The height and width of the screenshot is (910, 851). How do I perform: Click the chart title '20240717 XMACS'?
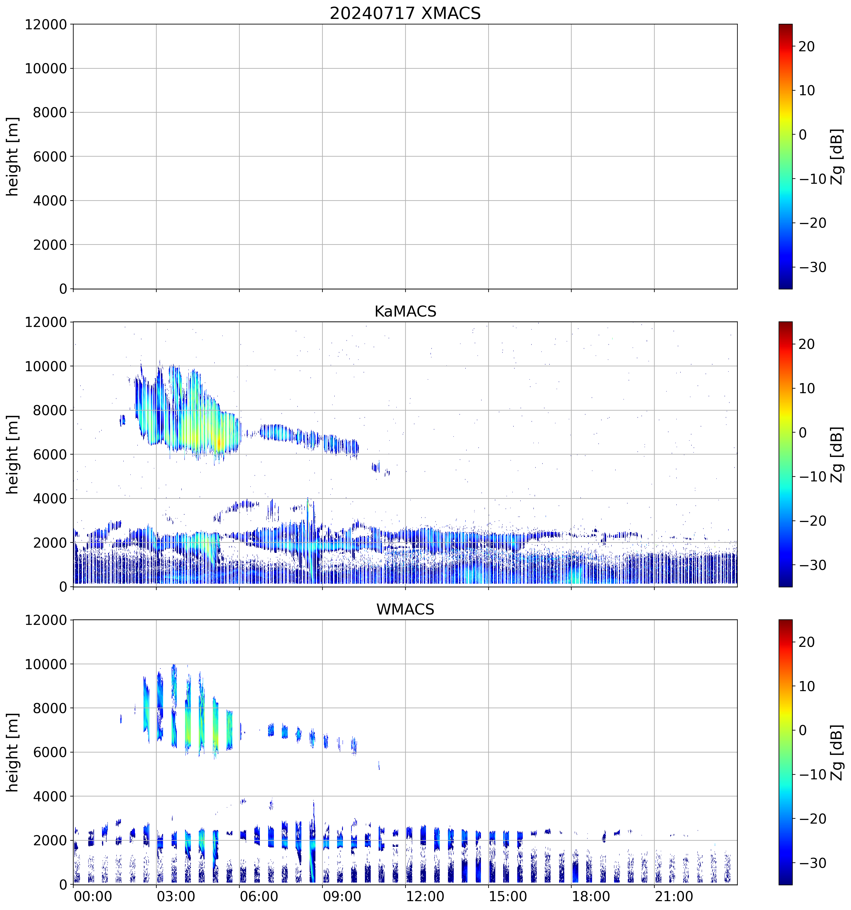pos(405,13)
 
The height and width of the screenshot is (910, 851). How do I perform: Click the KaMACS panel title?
pos(405,311)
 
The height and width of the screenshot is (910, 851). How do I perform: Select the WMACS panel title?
pos(405,609)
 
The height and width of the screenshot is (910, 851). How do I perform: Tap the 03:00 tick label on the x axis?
pos(176,896)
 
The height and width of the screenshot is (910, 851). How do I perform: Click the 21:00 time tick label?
pos(674,896)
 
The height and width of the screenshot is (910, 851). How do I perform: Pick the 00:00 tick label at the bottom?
pos(93,896)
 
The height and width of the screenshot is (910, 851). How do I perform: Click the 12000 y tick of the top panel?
pos(46,25)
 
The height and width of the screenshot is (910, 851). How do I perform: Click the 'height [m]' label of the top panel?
pos(13,157)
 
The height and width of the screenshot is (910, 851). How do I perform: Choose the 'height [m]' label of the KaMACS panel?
pos(13,455)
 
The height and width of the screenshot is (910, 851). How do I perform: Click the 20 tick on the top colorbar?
pos(807,47)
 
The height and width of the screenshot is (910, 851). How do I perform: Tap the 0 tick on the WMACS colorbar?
pos(802,731)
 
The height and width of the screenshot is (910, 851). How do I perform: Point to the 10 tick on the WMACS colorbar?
pos(807,687)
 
